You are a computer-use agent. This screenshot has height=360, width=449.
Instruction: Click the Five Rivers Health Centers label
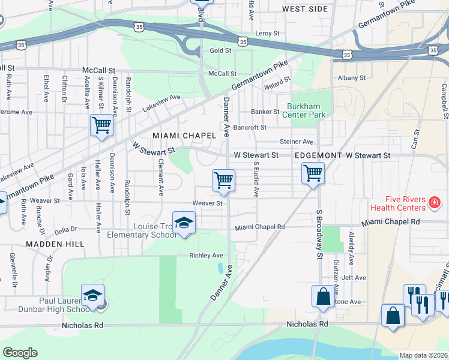pos(402,204)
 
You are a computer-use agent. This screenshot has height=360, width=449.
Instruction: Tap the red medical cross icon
pos(434,205)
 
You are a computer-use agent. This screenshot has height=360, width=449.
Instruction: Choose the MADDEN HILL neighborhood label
pos(49,244)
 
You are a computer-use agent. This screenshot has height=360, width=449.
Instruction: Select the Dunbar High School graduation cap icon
pos(93,296)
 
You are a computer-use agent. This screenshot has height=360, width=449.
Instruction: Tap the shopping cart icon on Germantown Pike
pos(101,125)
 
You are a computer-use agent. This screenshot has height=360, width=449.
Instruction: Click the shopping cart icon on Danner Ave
pos(223,180)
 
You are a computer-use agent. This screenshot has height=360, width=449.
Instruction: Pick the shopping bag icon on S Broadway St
pos(322,296)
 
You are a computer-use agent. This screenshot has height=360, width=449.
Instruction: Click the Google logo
pos(20,353)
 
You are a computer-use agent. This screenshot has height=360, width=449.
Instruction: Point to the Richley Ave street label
pos(206,256)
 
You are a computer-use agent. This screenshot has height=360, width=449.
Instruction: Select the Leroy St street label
pos(268,33)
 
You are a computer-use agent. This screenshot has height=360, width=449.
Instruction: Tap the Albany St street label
pos(352,78)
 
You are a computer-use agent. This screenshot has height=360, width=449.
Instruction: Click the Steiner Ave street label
pos(297,142)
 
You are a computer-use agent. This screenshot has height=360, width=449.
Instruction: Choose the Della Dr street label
pos(67,229)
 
